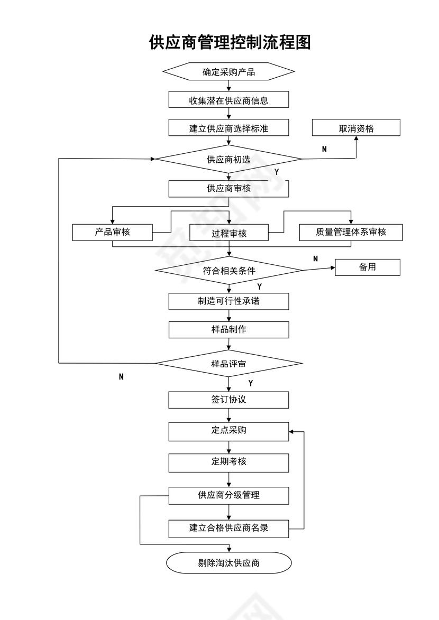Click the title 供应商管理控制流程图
pyautogui.click(x=230, y=42)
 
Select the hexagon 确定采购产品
pyautogui.click(x=228, y=72)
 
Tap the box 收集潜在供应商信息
pyautogui.click(x=228, y=100)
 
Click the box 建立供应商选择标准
pyautogui.click(x=228, y=128)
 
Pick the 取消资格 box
pyautogui.click(x=356, y=128)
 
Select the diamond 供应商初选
pyautogui.click(x=228, y=159)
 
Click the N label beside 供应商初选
pyautogui.click(x=324, y=149)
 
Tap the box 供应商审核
pyautogui.click(x=228, y=189)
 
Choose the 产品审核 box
pyautogui.click(x=112, y=232)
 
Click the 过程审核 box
pyautogui.click(x=228, y=233)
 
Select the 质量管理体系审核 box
pyautogui.click(x=351, y=232)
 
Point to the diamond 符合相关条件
pyautogui.click(x=228, y=271)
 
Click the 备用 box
pyautogui.click(x=368, y=267)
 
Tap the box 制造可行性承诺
pyautogui.click(x=228, y=301)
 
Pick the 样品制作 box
pyautogui.click(x=228, y=329)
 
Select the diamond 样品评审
pyautogui.click(x=228, y=364)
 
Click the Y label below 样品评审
pyautogui.click(x=250, y=383)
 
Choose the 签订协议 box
pyautogui.click(x=228, y=400)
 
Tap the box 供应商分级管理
pyautogui.click(x=228, y=495)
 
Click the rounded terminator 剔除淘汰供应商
pyautogui.click(x=228, y=563)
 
